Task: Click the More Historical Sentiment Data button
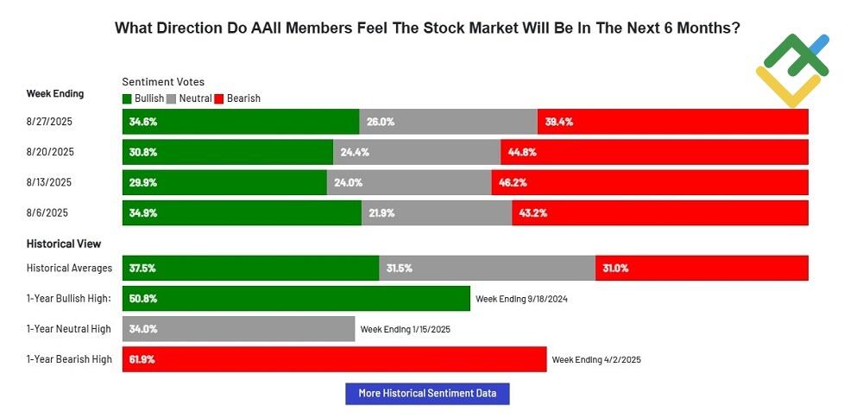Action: point(427,394)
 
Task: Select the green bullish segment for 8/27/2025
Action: point(241,122)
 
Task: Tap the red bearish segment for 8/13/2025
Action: point(650,182)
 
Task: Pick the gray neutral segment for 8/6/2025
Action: point(437,212)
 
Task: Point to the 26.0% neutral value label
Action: point(381,122)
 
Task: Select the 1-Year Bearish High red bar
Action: point(334,359)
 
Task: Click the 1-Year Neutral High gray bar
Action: point(238,329)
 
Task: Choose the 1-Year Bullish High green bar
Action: point(296,299)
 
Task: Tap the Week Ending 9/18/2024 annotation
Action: point(521,299)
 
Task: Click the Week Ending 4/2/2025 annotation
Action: point(596,359)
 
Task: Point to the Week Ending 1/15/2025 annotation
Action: point(406,329)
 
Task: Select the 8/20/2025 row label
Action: point(50,152)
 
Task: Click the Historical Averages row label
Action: point(68,269)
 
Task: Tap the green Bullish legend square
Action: point(128,98)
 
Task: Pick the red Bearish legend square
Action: point(219,98)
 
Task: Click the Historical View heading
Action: point(64,244)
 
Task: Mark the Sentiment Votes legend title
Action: point(163,82)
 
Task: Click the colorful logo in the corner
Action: point(792,69)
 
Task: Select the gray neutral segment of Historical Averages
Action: point(487,269)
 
